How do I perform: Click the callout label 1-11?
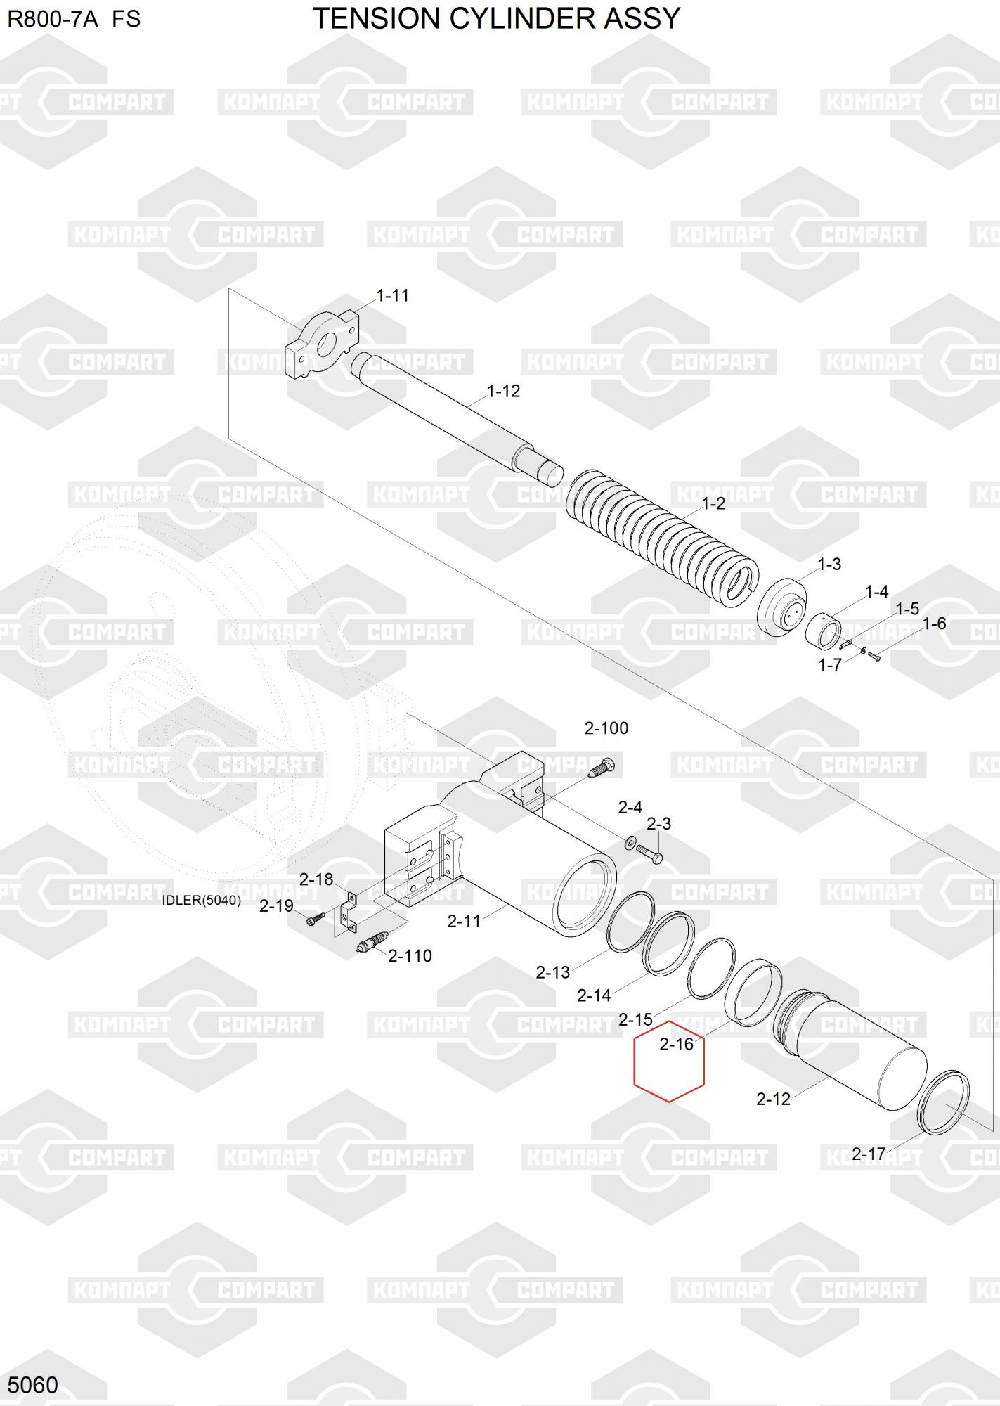click(x=392, y=295)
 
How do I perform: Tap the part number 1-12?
click(x=503, y=391)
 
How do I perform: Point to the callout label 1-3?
click(x=829, y=565)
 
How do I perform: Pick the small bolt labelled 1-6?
click(x=874, y=657)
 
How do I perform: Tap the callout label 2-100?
click(x=606, y=728)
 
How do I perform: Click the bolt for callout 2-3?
click(x=651, y=854)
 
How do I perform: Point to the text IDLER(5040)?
click(x=201, y=901)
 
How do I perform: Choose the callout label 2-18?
click(x=316, y=879)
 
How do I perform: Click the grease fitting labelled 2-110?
click(x=372, y=942)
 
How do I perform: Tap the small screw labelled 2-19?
click(x=314, y=919)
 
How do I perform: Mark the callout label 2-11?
click(x=464, y=920)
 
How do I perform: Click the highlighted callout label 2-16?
click(x=676, y=1045)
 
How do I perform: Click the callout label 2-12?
click(x=773, y=1099)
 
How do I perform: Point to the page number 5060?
click(x=32, y=1384)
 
